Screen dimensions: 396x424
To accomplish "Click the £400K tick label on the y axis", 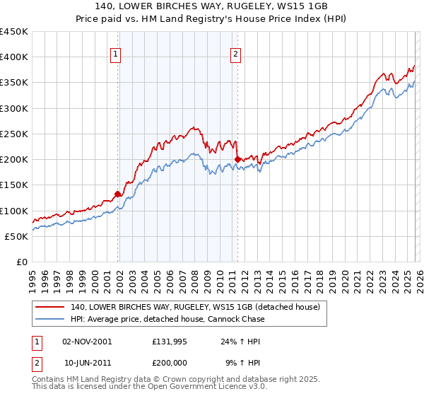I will (14, 57).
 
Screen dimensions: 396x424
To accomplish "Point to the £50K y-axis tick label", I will (17, 236).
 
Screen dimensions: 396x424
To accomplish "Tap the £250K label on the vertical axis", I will (14, 134).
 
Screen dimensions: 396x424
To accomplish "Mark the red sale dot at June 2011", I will (237, 159).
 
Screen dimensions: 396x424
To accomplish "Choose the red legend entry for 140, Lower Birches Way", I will (195, 307).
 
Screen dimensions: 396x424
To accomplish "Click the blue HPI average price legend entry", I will (167, 319).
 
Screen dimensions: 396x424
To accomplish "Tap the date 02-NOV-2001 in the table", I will (87, 341).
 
